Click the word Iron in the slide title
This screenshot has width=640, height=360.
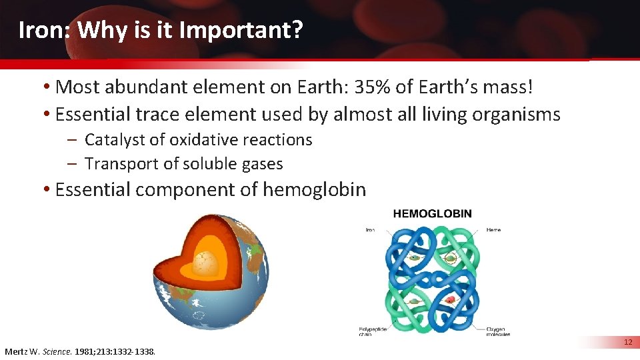click(39, 31)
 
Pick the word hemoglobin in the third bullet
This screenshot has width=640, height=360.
click(314, 190)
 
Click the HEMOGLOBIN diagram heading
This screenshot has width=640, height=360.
click(433, 214)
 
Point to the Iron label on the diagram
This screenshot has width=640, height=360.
click(370, 230)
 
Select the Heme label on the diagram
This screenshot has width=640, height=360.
click(494, 230)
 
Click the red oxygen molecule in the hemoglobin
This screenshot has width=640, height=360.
click(451, 300)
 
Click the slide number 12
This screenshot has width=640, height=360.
click(627, 343)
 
